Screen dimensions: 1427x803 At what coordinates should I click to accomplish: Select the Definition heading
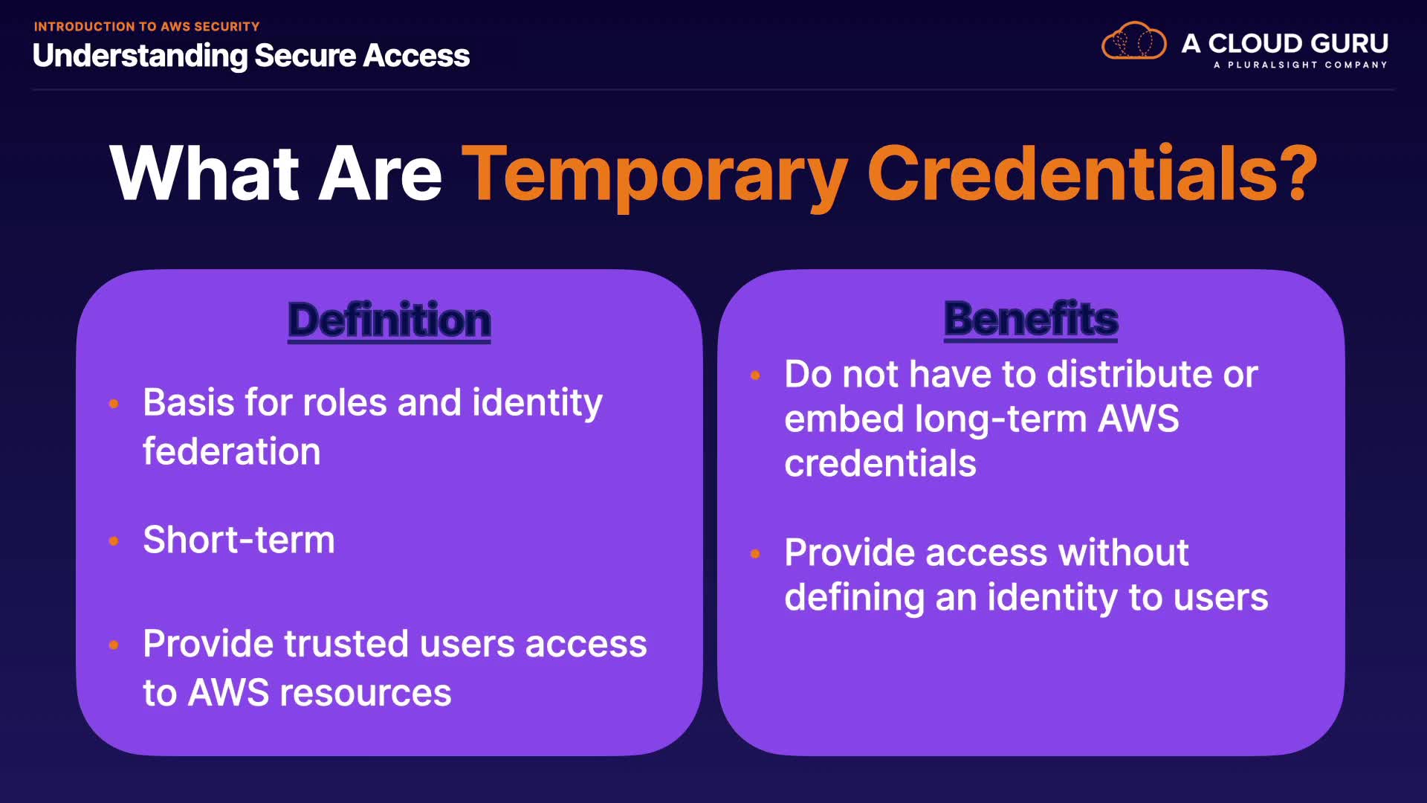389,320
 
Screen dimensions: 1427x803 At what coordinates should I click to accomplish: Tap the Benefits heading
1031,319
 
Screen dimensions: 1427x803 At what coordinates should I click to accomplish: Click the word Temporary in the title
654,174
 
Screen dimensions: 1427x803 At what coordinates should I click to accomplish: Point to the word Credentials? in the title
1093,172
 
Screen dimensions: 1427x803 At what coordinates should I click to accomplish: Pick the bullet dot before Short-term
114,541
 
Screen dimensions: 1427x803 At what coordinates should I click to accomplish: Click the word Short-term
239,539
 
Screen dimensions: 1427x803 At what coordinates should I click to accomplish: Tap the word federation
231,451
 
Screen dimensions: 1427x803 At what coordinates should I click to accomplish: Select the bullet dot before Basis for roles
114,404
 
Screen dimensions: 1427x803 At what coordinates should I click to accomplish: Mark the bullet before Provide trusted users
114,645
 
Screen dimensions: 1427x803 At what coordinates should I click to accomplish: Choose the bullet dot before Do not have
755,375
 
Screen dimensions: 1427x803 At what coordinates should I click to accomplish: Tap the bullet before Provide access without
755,554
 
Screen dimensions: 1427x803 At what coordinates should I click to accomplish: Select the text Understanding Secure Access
251,56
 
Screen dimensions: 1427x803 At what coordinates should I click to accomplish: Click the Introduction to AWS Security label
146,27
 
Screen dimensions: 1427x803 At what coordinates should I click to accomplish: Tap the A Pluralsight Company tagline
1300,65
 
